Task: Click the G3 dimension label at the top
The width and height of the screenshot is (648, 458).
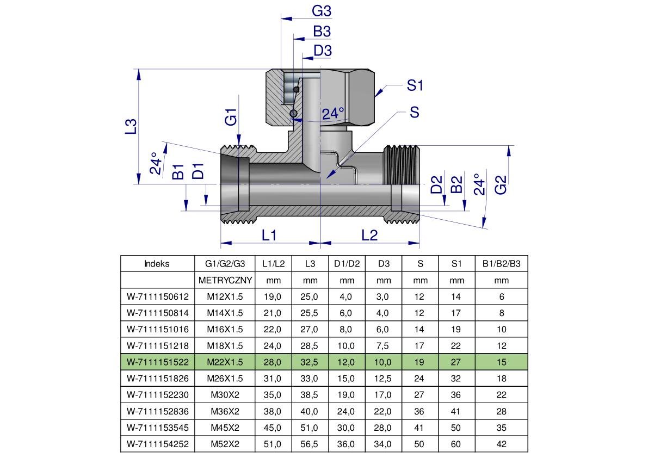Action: click(x=322, y=11)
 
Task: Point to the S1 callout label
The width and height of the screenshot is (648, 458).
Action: click(x=415, y=85)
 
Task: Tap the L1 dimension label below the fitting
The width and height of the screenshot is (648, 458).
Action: click(x=269, y=235)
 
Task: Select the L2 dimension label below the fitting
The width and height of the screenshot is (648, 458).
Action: click(x=369, y=235)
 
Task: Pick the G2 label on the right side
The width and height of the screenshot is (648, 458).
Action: click(x=501, y=184)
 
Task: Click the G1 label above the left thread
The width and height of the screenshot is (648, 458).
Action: click(x=231, y=117)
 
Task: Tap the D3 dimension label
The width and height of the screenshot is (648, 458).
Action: click(x=323, y=51)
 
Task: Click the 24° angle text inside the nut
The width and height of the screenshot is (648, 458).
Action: click(x=333, y=114)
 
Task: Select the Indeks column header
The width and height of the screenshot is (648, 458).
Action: click(x=157, y=264)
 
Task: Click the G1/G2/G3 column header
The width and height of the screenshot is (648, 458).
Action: click(x=225, y=264)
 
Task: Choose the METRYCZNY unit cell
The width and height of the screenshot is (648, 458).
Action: click(x=225, y=281)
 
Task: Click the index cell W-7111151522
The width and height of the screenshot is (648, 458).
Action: click(x=157, y=362)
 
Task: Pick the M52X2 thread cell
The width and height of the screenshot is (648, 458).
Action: click(x=225, y=444)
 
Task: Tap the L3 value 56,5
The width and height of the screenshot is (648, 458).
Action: click(x=310, y=444)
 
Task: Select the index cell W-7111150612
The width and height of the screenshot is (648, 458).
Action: click(x=157, y=297)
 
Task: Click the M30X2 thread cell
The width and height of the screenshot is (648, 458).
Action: click(x=225, y=395)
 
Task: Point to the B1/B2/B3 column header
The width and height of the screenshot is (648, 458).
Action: click(x=501, y=264)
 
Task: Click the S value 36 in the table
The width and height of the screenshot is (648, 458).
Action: click(x=420, y=411)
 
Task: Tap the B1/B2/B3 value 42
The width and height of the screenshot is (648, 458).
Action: click(x=501, y=444)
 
